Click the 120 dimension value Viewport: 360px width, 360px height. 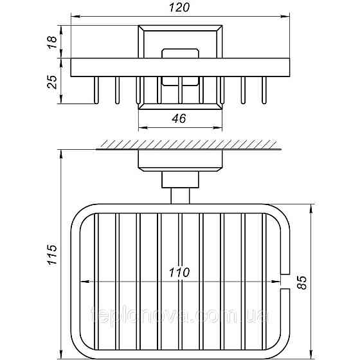pyautogui.click(x=179, y=8)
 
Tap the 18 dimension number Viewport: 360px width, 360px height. pyautogui.click(x=52, y=42)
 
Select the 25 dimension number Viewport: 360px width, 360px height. pyautogui.click(x=52, y=82)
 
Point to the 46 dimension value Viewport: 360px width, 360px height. pyautogui.click(x=179, y=119)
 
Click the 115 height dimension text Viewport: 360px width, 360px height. pyautogui.click(x=52, y=255)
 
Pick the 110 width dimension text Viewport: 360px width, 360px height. pyautogui.click(x=179, y=273)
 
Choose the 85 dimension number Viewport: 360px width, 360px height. pyautogui.click(x=301, y=282)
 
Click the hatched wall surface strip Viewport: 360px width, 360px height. pyautogui.click(x=189, y=145)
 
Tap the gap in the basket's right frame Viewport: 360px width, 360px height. pyautogui.click(x=285, y=282)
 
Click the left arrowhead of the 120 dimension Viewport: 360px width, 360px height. pyautogui.click(x=75, y=16)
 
